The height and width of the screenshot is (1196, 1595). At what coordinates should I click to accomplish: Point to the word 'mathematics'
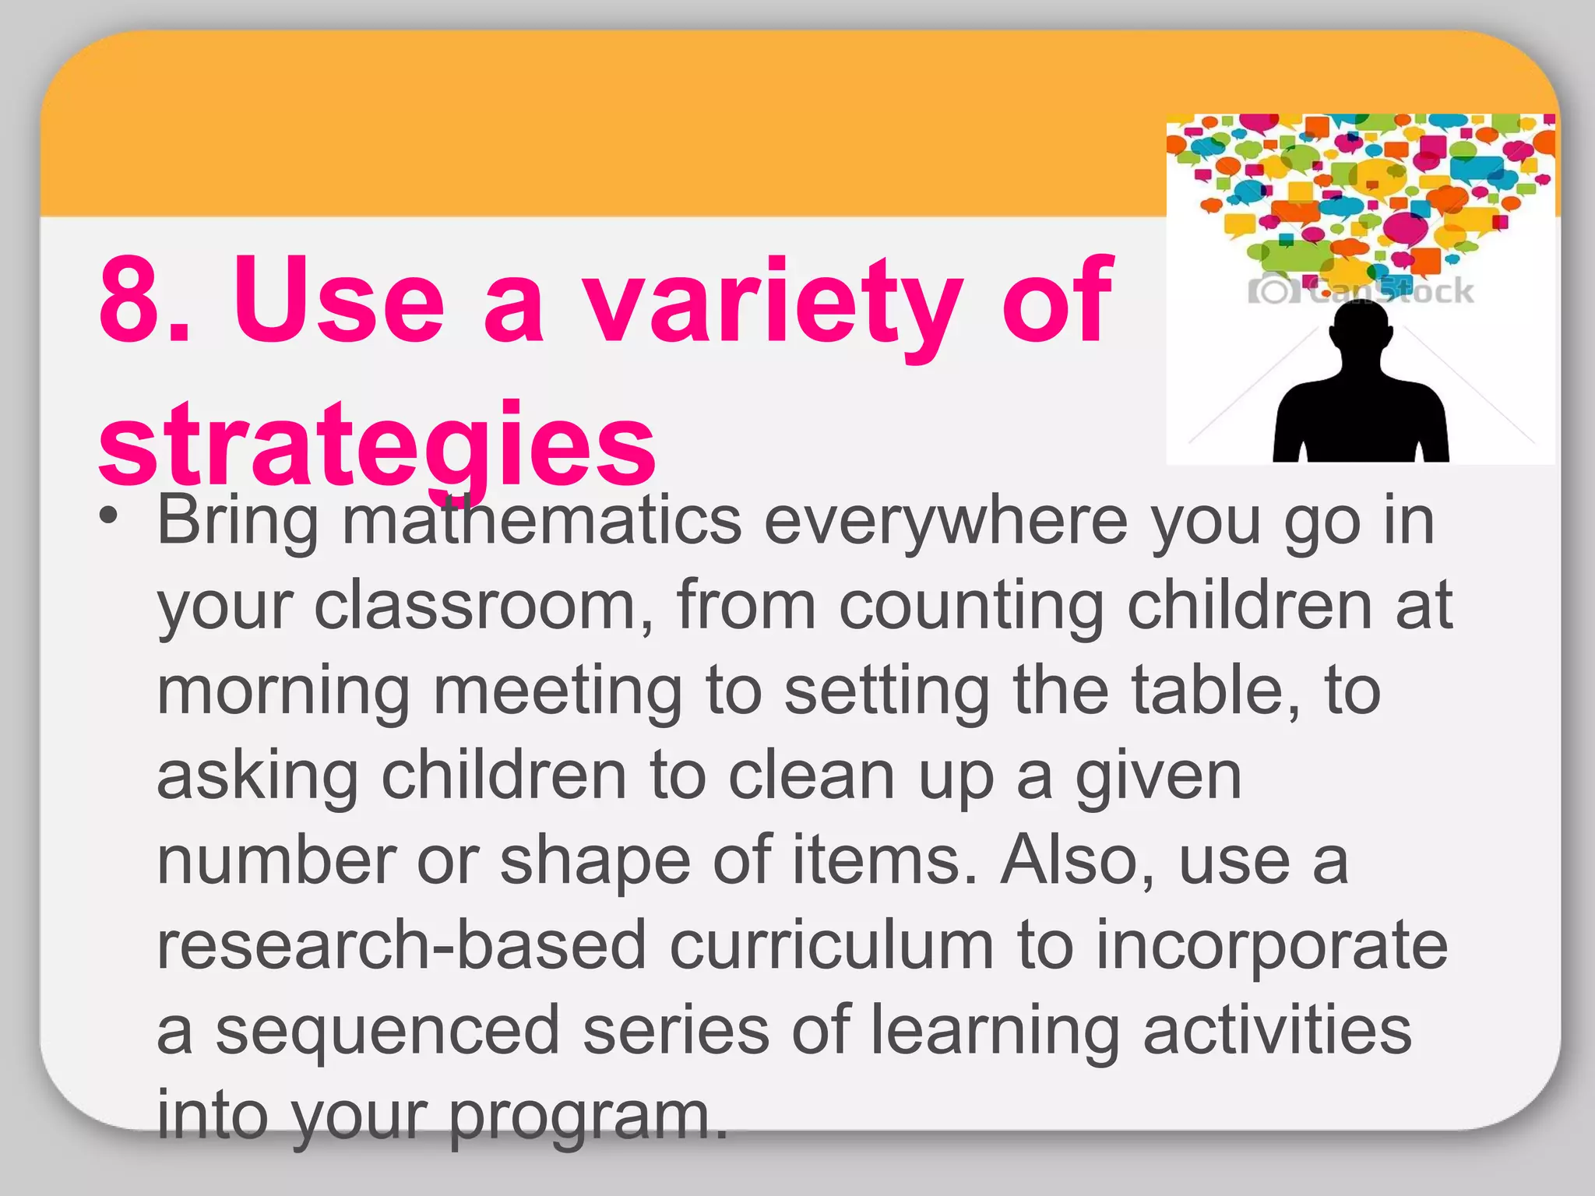point(542,520)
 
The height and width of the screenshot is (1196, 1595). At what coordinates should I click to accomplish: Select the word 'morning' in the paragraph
point(283,691)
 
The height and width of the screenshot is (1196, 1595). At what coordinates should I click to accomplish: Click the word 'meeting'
point(558,691)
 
